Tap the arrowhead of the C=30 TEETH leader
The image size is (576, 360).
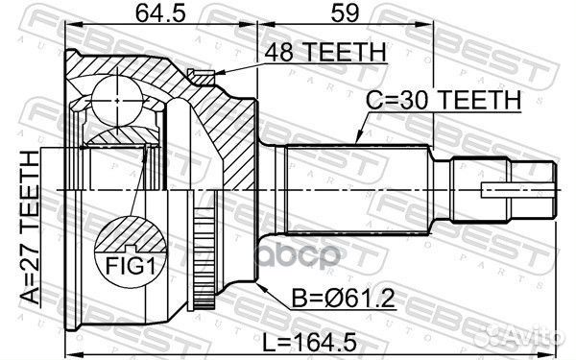(355, 143)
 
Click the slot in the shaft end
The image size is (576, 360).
(503, 189)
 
